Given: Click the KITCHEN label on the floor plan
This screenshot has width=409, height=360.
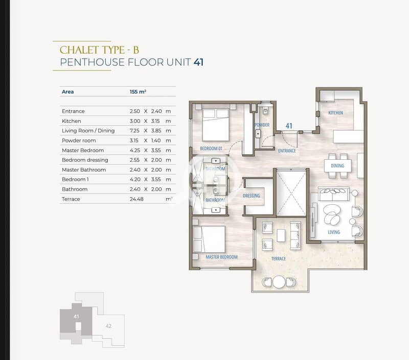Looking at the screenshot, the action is tap(335, 113).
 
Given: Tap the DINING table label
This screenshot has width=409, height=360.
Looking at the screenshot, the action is tap(337, 165).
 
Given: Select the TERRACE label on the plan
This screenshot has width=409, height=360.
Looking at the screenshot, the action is tap(279, 259).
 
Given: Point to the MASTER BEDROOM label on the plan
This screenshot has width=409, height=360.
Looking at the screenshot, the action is tap(221, 257).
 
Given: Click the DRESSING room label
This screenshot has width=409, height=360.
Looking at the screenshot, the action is tap(252, 196).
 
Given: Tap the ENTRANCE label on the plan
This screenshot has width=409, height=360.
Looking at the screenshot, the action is tap(287, 151).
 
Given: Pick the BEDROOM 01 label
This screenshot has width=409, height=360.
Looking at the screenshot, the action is tap(211, 149).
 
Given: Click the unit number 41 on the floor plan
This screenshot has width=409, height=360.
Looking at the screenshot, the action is tap(289, 126).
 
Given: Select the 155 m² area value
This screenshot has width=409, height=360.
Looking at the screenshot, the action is tap(138, 92).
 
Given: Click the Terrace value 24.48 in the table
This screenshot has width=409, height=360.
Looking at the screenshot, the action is tap(137, 199).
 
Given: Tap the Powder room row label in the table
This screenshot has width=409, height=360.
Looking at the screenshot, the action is tap(79, 140).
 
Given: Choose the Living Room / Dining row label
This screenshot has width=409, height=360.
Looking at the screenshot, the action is tap(88, 131).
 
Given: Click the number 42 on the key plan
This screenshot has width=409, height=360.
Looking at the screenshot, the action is tap(108, 326).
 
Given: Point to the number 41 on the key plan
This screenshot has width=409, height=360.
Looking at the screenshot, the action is tap(76, 317).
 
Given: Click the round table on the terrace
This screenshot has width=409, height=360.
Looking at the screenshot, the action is tap(279, 282).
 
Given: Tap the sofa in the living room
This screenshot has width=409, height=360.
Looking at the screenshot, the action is tap(334, 194).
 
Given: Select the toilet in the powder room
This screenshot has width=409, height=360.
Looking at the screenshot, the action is tap(265, 111).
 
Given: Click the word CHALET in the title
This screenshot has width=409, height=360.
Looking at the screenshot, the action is tap(79, 50).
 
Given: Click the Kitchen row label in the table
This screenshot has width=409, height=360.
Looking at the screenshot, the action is tap(71, 121).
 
